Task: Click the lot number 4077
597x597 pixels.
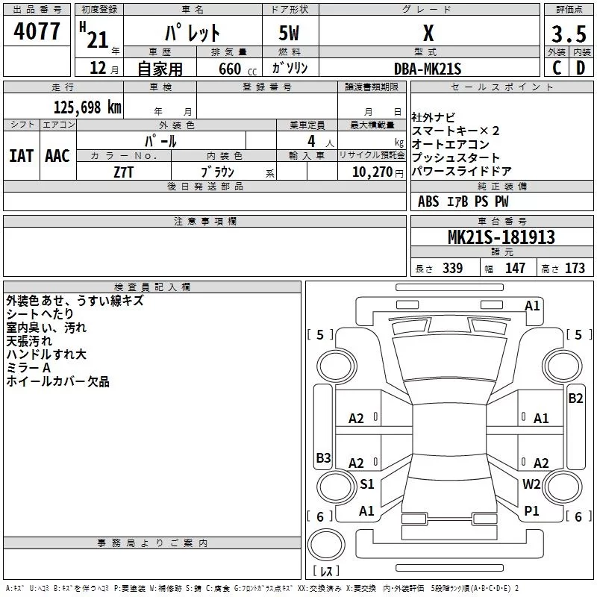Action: click(37, 31)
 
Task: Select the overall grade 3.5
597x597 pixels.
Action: click(569, 34)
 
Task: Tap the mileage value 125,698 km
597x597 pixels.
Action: click(87, 107)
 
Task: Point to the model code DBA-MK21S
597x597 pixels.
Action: click(428, 69)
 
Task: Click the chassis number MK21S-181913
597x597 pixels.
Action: click(501, 237)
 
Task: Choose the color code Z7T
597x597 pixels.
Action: click(123, 172)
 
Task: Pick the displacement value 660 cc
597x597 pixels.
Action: click(237, 69)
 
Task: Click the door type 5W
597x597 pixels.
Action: click(289, 33)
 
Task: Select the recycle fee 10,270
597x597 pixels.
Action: click(372, 172)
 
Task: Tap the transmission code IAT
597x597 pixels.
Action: click(22, 156)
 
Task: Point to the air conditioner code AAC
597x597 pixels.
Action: click(57, 156)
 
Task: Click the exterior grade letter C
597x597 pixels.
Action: click(557, 68)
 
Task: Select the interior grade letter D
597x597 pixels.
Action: click(581, 68)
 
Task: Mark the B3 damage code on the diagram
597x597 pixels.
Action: click(323, 457)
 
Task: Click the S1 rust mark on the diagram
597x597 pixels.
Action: click(367, 484)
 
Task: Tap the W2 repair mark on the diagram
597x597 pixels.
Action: click(531, 484)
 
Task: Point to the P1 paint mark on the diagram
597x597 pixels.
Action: click(531, 510)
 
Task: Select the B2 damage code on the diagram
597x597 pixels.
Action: click(575, 398)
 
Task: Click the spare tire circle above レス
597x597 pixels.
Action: click(326, 545)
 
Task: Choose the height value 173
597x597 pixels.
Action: click(575, 268)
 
